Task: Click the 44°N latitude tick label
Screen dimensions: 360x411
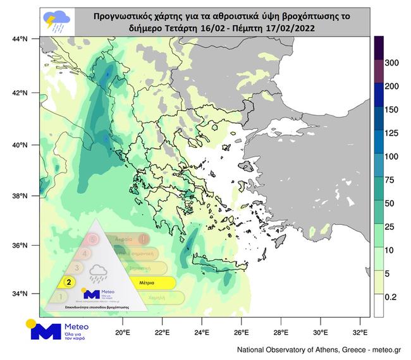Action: pyautogui.click(x=20, y=39)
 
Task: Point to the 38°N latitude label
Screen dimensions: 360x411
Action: pyautogui.click(x=20, y=196)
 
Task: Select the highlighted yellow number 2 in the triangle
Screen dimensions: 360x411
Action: pyautogui.click(x=67, y=282)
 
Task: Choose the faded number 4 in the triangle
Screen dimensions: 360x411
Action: pyautogui.click(x=85, y=253)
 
